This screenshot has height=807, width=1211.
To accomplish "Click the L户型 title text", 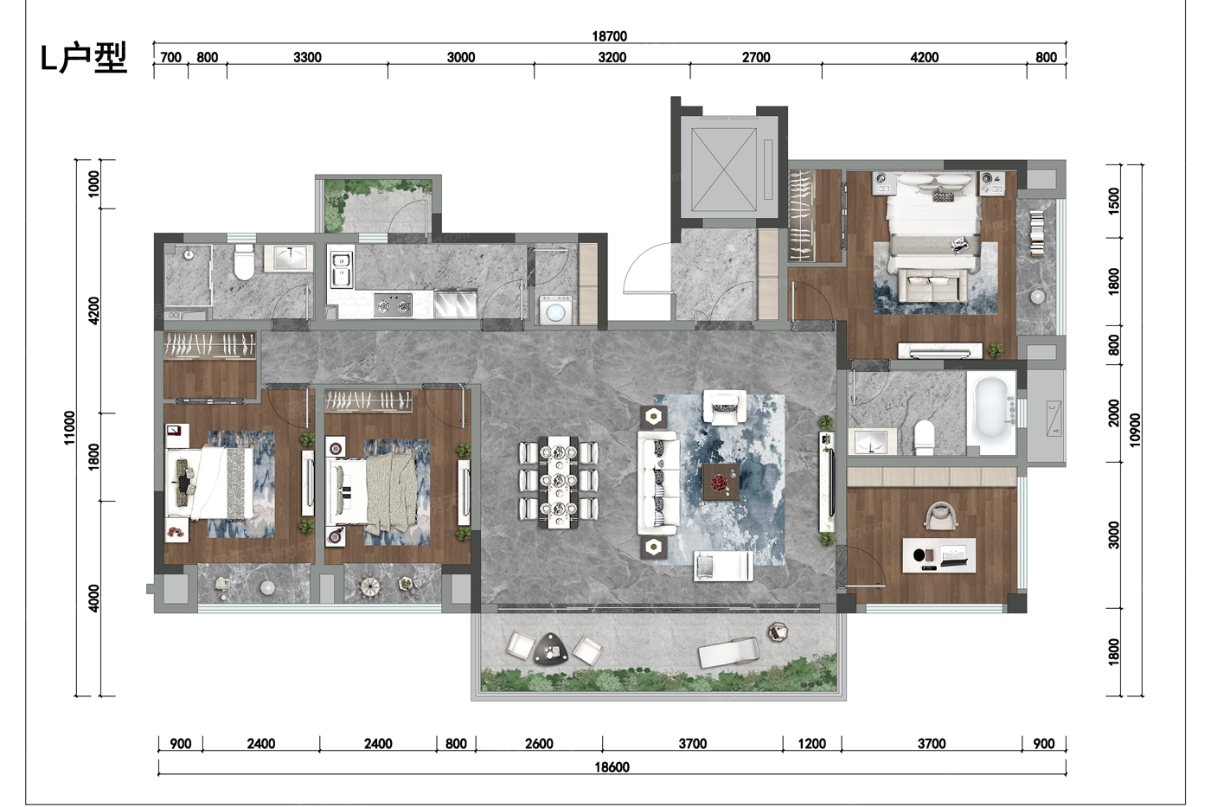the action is (84, 58).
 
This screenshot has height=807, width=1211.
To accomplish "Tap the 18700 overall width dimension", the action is (609, 36).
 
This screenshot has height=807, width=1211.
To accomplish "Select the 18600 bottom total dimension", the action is (612, 767).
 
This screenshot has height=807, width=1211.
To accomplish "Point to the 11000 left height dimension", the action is (69, 427).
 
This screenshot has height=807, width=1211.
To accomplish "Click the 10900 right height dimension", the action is (1135, 430).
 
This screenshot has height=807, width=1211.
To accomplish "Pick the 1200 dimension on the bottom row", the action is (812, 744).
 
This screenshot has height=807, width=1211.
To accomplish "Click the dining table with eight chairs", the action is (559, 482).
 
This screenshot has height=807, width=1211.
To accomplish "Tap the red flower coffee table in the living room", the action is (721, 482).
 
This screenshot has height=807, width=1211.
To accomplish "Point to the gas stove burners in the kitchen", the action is (394, 305).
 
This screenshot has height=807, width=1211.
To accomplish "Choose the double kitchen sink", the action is (341, 270).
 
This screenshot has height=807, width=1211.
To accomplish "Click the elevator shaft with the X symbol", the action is (724, 170).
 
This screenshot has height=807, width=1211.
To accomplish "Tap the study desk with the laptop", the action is (939, 554).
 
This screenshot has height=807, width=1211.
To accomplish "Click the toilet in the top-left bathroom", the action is (244, 261).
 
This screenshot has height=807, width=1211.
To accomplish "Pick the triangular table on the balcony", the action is (551, 649).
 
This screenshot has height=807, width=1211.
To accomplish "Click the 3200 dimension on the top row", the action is (612, 57).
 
